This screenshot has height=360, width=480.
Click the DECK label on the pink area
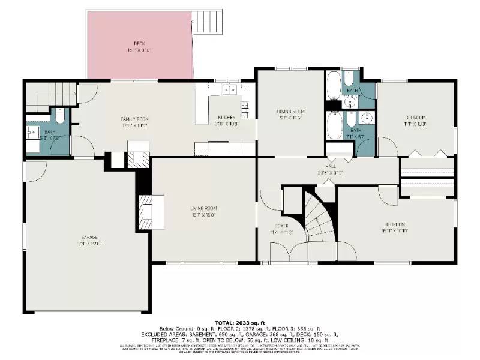[x=139, y=44]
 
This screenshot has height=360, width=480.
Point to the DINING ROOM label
[x=290, y=112]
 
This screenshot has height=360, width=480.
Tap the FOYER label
[x=281, y=226]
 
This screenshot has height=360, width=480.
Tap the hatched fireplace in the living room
[x=146, y=211]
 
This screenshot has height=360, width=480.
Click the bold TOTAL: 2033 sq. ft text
[x=240, y=322]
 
